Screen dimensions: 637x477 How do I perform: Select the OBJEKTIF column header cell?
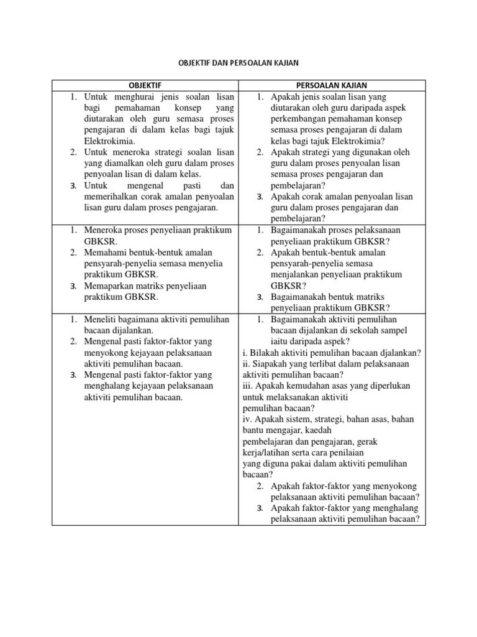click(x=146, y=85)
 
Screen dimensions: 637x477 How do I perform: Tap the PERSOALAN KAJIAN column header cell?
click(x=331, y=85)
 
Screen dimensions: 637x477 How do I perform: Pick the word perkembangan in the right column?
click(x=298, y=119)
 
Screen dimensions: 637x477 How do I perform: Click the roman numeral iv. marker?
click(x=247, y=419)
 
